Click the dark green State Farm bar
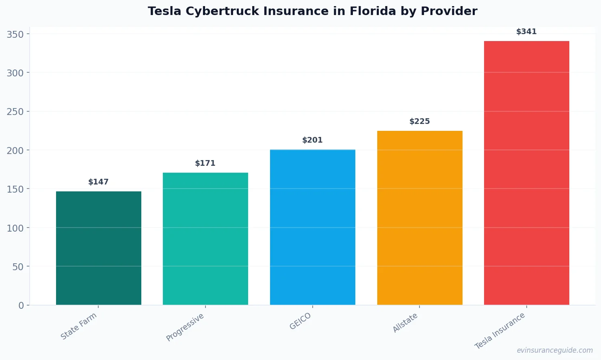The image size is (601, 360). [99, 248]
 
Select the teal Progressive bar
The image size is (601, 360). [205, 239]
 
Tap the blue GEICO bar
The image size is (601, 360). [313, 228]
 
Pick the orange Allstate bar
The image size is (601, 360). [419, 218]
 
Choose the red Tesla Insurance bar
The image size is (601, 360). [526, 173]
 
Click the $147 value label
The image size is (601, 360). [99, 182]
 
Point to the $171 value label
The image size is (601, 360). [205, 163]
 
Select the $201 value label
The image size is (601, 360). [313, 140]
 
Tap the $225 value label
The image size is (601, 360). [419, 121]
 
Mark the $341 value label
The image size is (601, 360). [526, 32]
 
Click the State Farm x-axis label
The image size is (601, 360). [79, 326]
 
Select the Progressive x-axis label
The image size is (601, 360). [185, 327]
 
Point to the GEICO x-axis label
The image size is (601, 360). [300, 321]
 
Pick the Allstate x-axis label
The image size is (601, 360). [405, 323]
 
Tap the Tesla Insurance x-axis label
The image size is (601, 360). [500, 331]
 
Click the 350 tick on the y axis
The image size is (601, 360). [15, 34]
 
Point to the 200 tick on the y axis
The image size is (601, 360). [15, 150]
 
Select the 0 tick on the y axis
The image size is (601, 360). [21, 306]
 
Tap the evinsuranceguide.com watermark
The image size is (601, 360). [555, 350]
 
